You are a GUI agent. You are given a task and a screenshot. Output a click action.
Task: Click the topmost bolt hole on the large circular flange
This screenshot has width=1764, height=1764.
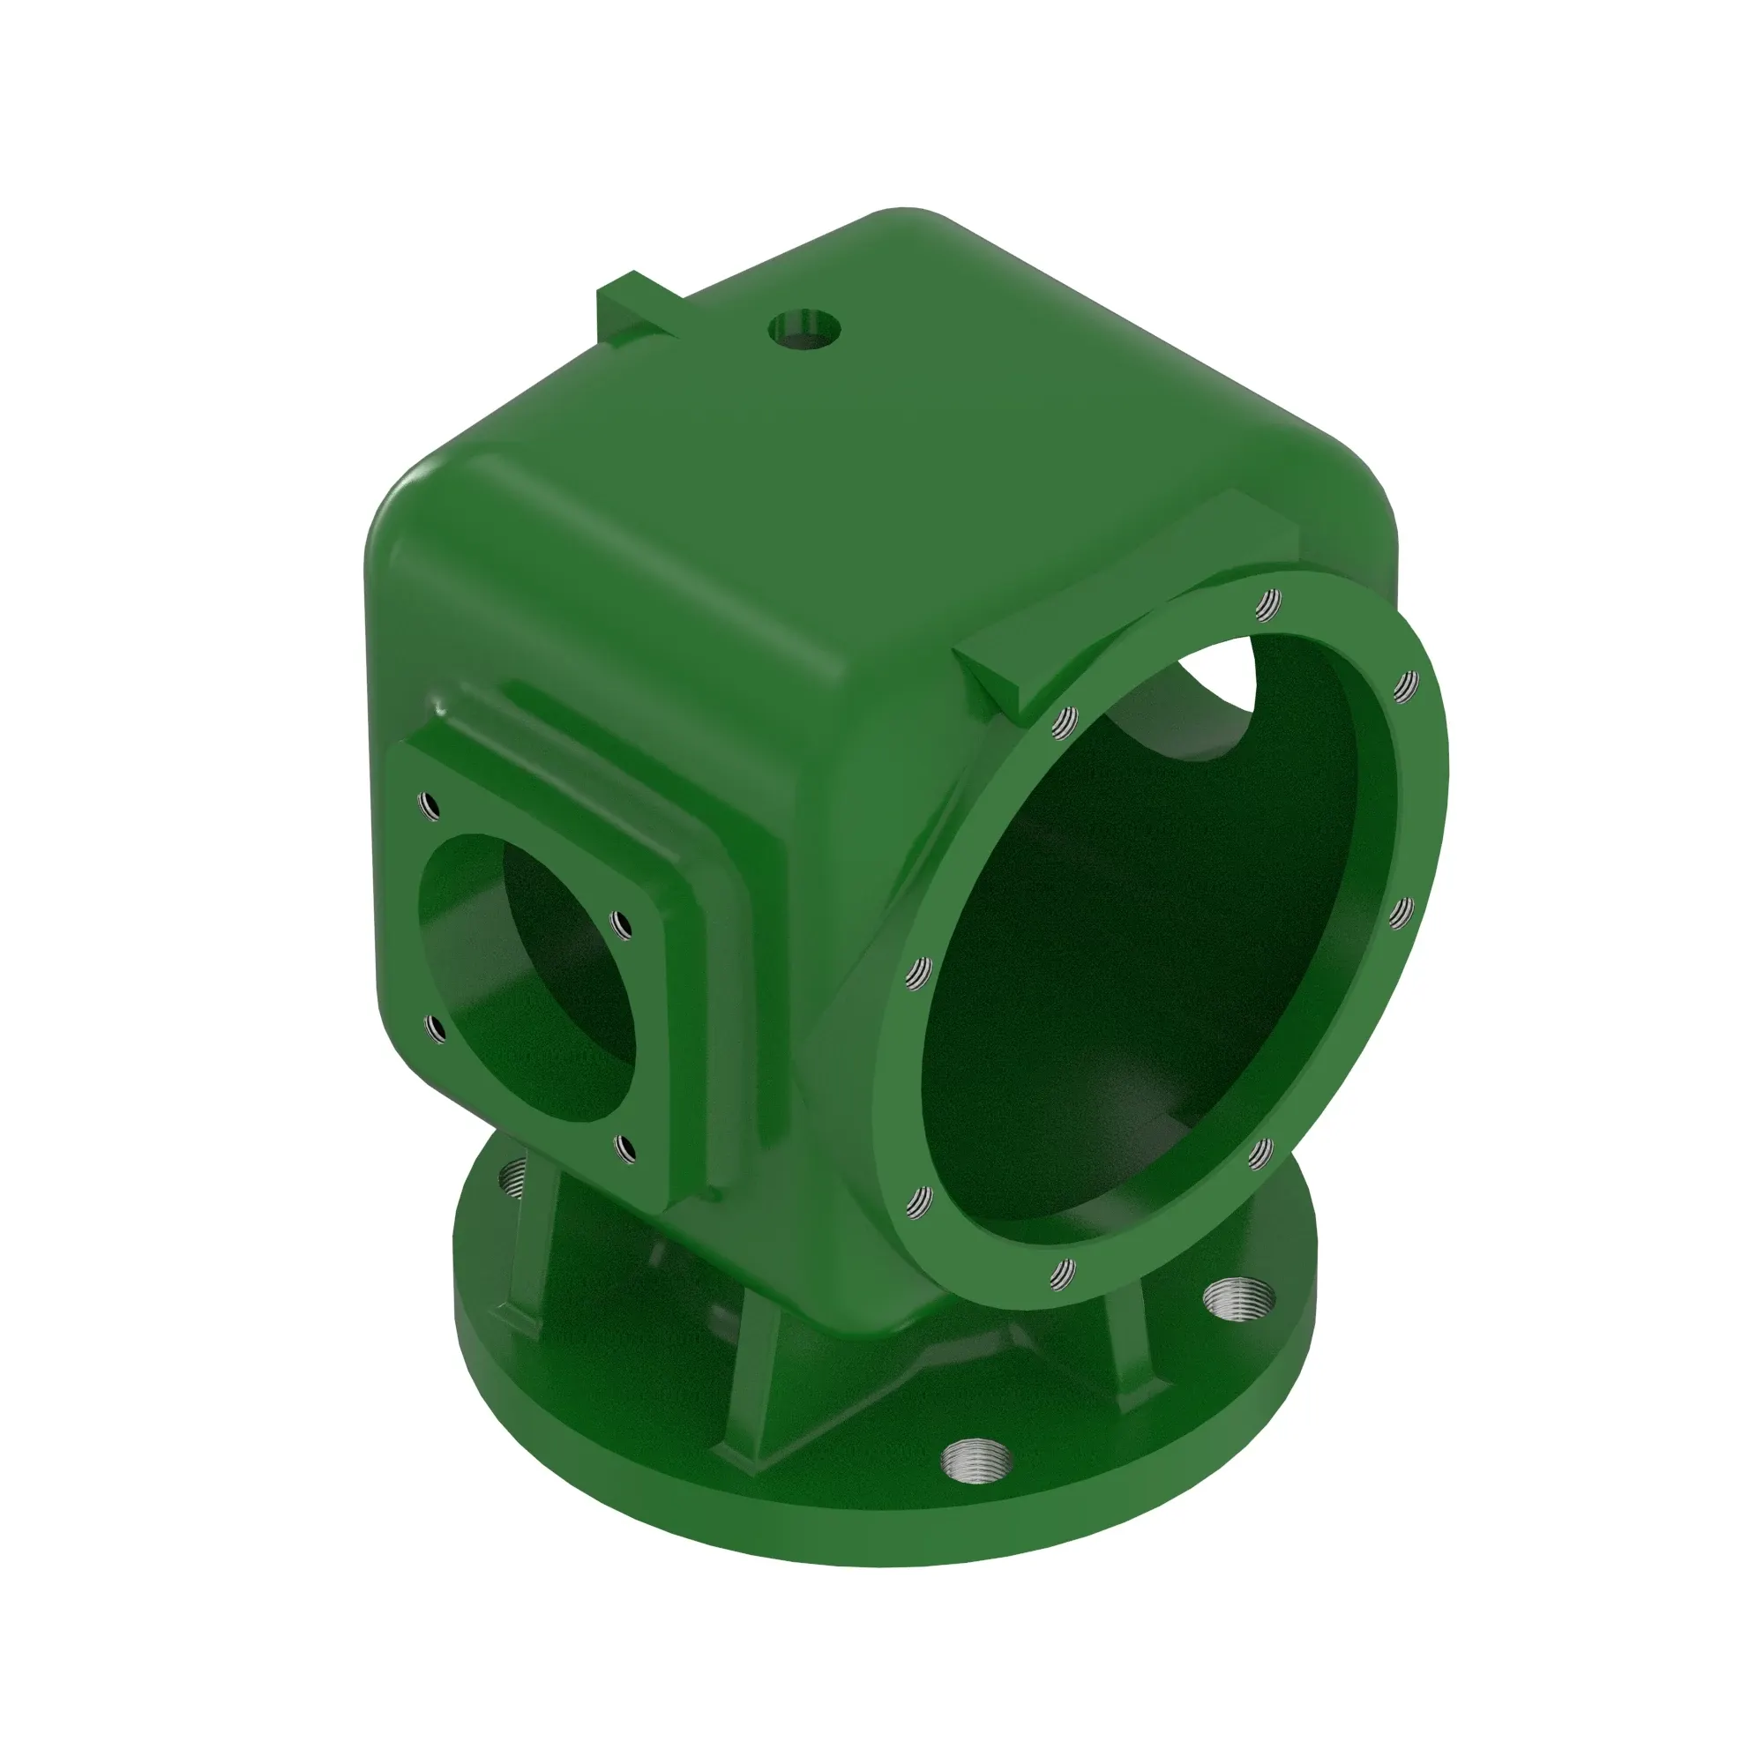click(1268, 603)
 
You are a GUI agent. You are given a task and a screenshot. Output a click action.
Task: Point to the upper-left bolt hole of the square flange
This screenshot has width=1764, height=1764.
click(427, 806)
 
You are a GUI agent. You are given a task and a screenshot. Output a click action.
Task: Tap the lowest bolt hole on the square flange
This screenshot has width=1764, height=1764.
click(625, 1148)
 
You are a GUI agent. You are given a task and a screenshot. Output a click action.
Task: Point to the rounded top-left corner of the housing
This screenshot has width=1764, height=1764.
click(401, 512)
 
